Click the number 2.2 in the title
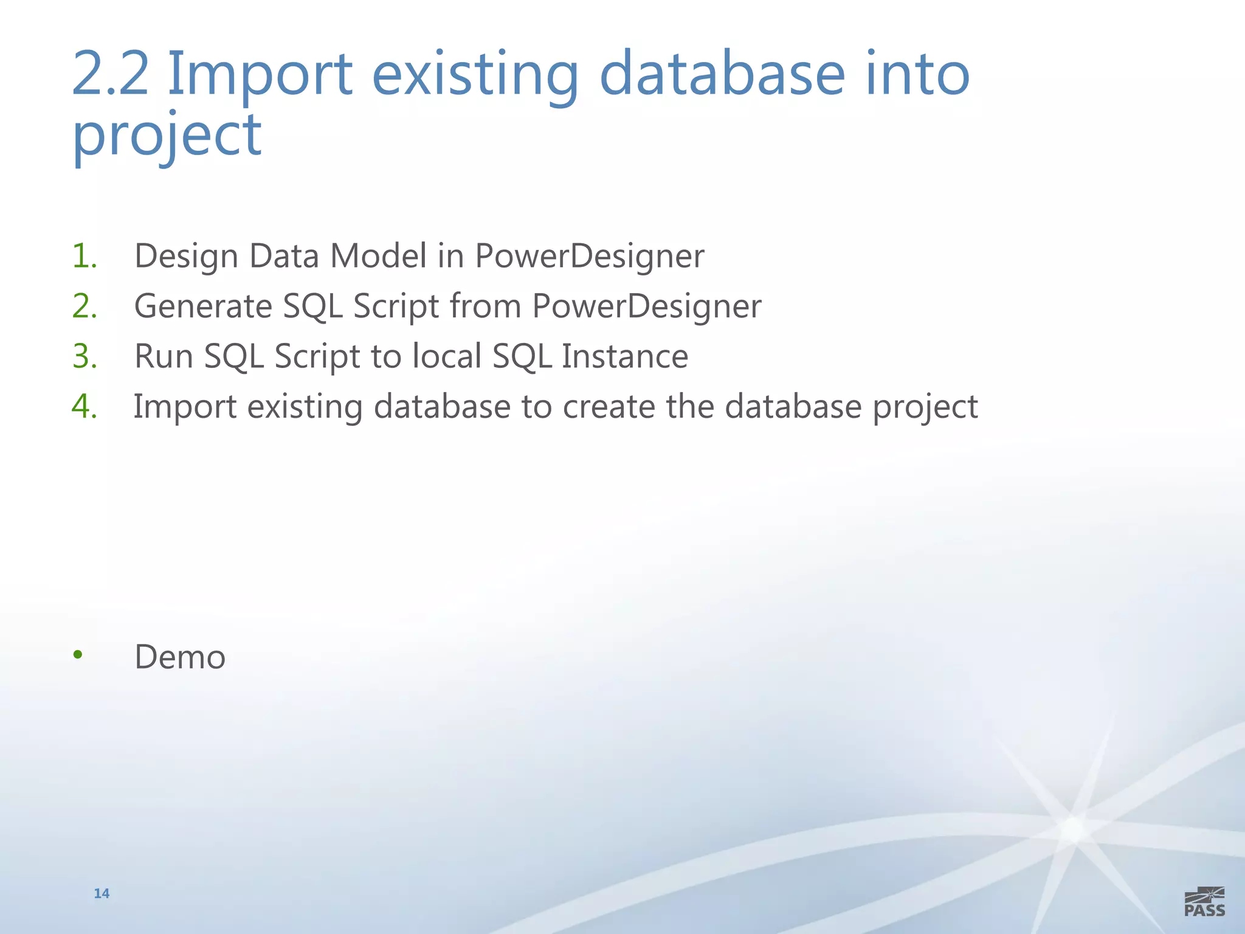(110, 74)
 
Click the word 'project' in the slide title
(167, 135)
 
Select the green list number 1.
(84, 255)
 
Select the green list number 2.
(84, 306)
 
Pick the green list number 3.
(84, 356)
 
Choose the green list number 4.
(84, 406)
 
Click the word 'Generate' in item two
(202, 306)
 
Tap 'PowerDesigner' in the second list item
(646, 306)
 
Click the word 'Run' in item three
(163, 356)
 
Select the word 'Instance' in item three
(624, 356)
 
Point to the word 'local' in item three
(447, 356)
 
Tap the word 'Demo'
(180, 657)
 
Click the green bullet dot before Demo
(77, 655)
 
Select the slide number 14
(102, 893)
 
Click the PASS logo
(1204, 902)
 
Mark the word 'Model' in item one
(378, 256)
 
